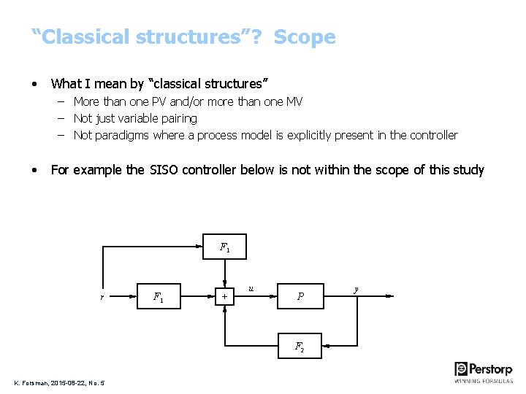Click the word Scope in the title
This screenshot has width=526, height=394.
pyautogui.click(x=305, y=37)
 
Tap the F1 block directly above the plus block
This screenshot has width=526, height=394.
pyautogui.click(x=224, y=247)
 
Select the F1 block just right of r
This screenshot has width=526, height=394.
pyautogui.click(x=158, y=296)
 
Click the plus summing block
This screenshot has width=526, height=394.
pyautogui.click(x=224, y=296)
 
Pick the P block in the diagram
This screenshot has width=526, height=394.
pyautogui.click(x=300, y=296)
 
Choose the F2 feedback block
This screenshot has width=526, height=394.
pyautogui.click(x=300, y=346)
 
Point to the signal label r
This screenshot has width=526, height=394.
pyautogui.click(x=102, y=297)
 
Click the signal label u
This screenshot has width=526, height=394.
pyautogui.click(x=251, y=289)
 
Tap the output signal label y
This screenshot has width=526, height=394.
pyautogui.click(x=356, y=289)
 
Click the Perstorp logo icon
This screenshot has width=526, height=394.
pyautogui.click(x=462, y=368)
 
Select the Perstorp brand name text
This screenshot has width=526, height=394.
pyautogui.click(x=492, y=369)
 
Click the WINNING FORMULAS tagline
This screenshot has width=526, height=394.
pyautogui.click(x=484, y=381)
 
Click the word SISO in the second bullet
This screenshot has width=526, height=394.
pyautogui.click(x=166, y=170)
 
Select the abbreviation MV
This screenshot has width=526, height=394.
pyautogui.click(x=294, y=101)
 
